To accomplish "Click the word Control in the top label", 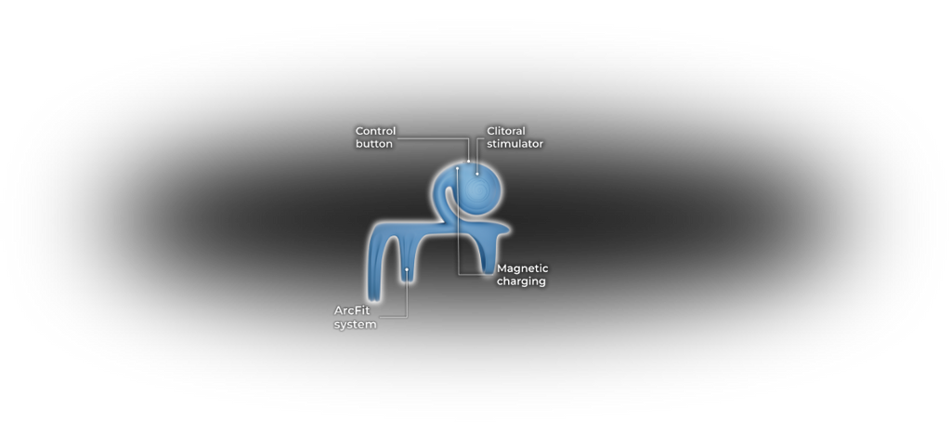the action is click(x=375, y=131).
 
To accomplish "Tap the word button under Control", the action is click(x=373, y=144).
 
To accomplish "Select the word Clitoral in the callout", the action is click(x=506, y=131).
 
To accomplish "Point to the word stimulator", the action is click(x=515, y=144).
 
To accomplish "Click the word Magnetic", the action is click(x=523, y=268).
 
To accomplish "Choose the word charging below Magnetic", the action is click(x=522, y=281).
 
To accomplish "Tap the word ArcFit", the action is click(x=352, y=311).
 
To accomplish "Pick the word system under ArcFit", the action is click(x=355, y=324).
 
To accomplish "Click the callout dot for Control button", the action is click(x=469, y=161).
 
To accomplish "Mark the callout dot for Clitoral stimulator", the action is click(x=477, y=174).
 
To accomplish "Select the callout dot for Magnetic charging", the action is click(x=457, y=169).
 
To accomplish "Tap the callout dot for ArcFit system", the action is click(x=407, y=269).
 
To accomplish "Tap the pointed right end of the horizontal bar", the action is click(x=508, y=228).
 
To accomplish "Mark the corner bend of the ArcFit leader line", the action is click(x=407, y=317).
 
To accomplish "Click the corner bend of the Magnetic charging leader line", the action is click(x=459, y=274).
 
